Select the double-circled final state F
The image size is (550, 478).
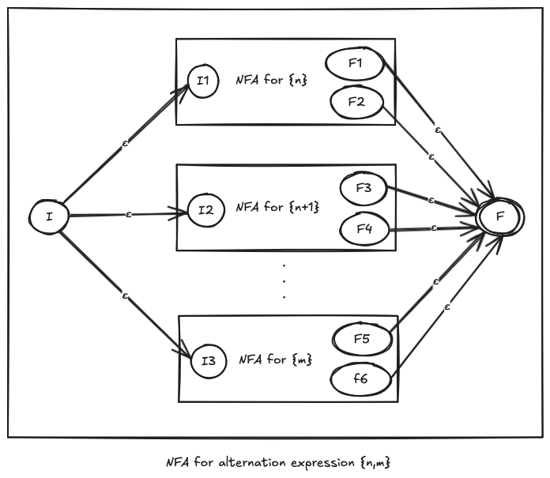click(x=500, y=214)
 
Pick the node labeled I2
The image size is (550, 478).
click(x=205, y=210)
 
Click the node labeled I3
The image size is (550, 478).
click(x=208, y=361)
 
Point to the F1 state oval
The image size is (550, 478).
click(x=355, y=64)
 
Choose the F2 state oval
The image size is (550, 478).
click(x=355, y=101)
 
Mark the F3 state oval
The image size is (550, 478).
click(x=364, y=190)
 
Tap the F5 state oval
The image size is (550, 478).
click(x=363, y=341)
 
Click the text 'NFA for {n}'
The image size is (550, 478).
click(x=271, y=80)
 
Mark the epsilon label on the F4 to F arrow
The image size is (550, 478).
click(x=434, y=228)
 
